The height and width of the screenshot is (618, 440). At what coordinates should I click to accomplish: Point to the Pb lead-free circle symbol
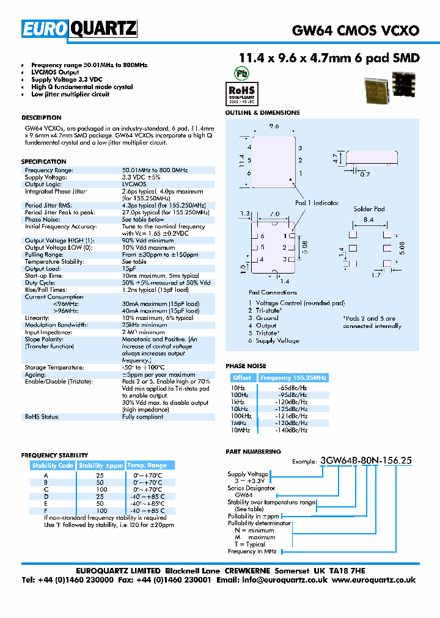point(243,71)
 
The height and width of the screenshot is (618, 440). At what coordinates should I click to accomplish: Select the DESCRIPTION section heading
point(42,117)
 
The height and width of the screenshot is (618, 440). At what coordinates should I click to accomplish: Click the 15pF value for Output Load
point(129,269)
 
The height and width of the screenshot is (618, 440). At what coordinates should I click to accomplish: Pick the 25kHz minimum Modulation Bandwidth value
point(144,325)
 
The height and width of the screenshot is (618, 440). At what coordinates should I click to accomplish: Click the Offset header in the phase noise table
point(242,378)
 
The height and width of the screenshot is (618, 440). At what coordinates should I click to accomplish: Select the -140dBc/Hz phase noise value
point(292,430)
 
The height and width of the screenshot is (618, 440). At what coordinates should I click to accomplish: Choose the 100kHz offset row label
point(241,415)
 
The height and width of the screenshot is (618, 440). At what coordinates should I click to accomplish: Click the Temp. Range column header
point(148,465)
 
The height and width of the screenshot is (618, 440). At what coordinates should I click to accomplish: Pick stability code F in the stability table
point(45,510)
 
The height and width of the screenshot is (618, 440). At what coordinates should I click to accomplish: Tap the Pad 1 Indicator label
point(317,203)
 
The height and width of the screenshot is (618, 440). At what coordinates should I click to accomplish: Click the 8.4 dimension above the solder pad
point(369,219)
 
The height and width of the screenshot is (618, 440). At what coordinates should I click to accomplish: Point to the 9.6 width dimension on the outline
point(274,126)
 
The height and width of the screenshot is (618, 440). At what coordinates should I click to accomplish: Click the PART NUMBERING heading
point(254,451)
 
